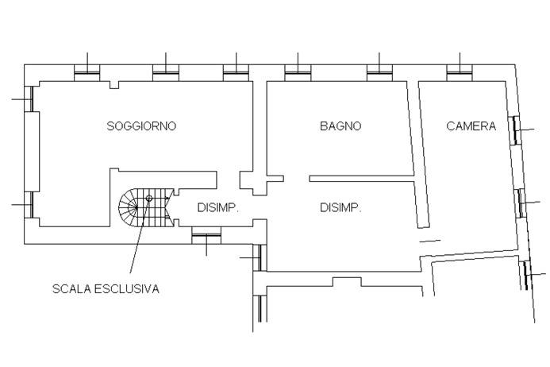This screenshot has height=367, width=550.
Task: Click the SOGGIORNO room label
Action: (141, 126)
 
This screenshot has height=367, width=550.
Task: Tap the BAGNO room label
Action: (340, 126)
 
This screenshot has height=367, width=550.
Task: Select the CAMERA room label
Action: (471, 126)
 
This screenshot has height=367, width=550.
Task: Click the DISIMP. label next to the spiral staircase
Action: (218, 208)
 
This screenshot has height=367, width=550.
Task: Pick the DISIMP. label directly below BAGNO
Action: (340, 208)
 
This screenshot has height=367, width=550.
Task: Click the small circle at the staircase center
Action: (148, 199)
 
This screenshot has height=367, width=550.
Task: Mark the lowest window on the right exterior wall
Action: (527, 274)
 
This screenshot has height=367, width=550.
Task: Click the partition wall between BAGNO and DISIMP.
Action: (361, 178)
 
